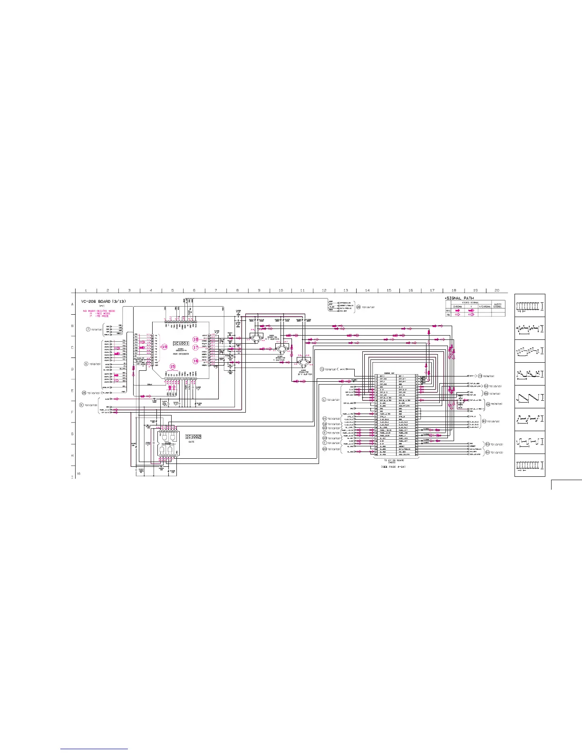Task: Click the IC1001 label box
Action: coord(181,343)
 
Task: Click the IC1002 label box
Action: coord(194,437)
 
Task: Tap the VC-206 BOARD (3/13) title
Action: coord(103,301)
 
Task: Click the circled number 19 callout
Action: coord(165,347)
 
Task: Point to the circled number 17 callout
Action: coord(195,348)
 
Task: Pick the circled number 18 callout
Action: coord(195,339)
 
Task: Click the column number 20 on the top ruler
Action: coord(497,290)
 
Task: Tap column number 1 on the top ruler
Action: coord(86,290)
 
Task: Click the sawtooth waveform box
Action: coord(530,397)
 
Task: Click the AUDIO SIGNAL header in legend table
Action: coord(497,305)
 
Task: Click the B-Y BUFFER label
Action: coord(302,374)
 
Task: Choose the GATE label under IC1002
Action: coord(191,442)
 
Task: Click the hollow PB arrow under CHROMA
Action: coord(457,315)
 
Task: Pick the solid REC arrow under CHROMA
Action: coord(457,310)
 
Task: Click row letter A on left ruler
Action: coord(73,304)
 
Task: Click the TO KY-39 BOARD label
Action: coord(394,461)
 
